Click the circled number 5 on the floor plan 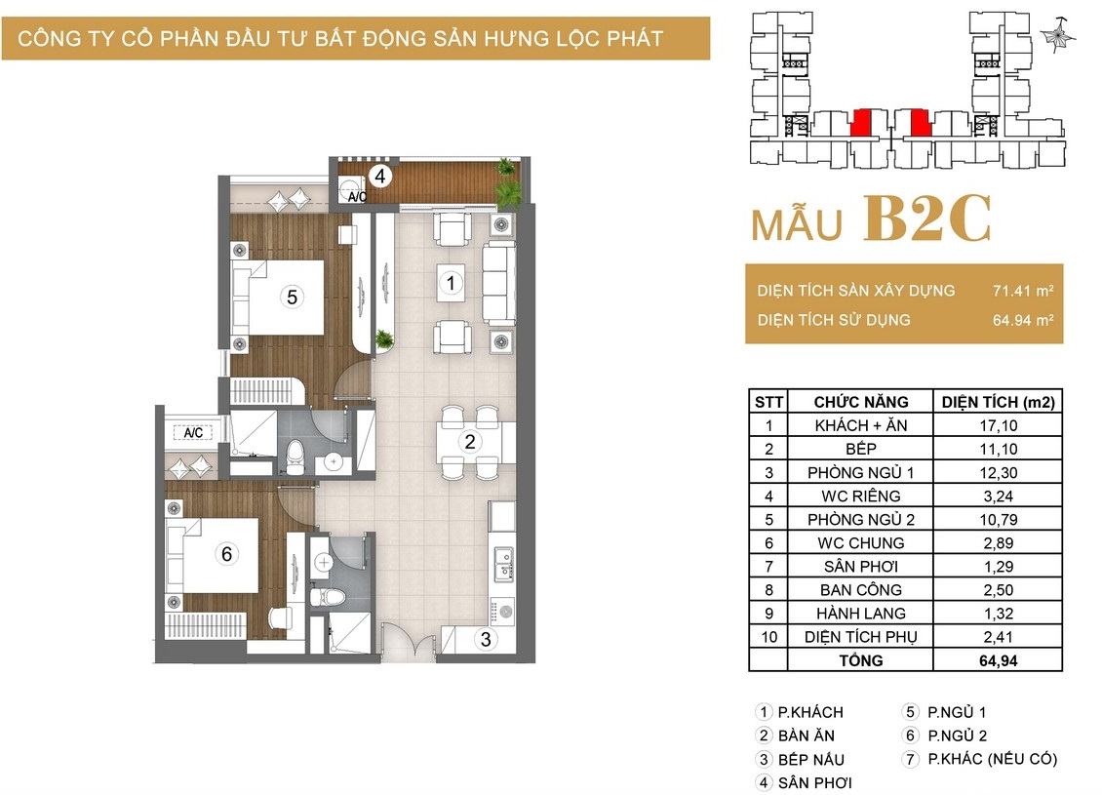(293, 298)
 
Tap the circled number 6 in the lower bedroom (226, 554)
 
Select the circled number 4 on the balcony (380, 176)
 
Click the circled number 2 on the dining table (469, 442)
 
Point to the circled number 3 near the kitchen (486, 639)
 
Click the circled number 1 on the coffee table (451, 283)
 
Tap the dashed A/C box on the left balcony (192, 432)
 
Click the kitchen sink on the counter (503, 565)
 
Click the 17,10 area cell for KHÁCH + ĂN (998, 425)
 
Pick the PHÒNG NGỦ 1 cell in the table (860, 472)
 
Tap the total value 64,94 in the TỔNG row (998, 660)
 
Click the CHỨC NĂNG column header (860, 402)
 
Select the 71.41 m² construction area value (1023, 291)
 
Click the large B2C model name (927, 219)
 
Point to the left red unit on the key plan (860, 123)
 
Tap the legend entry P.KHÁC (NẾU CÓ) (992, 759)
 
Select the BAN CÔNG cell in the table (860, 590)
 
